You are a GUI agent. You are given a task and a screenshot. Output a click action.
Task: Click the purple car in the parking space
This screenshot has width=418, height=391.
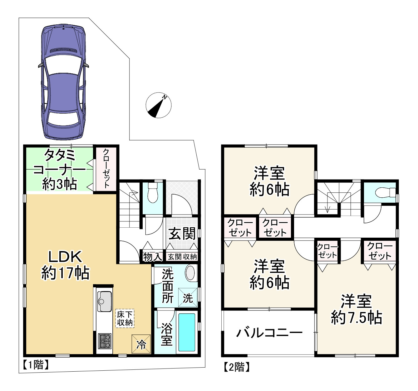point(63,83)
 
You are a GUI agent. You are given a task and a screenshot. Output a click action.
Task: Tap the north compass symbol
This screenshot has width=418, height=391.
point(159,105)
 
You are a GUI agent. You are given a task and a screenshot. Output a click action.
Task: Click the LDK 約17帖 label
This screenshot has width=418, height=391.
point(65,265)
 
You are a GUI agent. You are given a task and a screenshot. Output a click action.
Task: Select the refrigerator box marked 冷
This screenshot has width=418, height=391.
point(141,344)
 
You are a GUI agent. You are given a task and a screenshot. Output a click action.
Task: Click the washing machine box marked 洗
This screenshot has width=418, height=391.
point(188,297)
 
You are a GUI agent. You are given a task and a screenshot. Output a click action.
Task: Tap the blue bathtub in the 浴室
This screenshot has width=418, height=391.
point(187,333)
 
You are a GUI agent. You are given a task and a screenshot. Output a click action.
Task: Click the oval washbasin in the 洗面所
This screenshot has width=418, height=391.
point(191,273)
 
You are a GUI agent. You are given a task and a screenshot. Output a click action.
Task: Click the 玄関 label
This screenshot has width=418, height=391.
point(182,234)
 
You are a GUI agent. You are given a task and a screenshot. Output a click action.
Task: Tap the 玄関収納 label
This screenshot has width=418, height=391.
point(182,257)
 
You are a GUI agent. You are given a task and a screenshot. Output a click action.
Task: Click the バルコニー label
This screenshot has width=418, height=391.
point(269,333)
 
